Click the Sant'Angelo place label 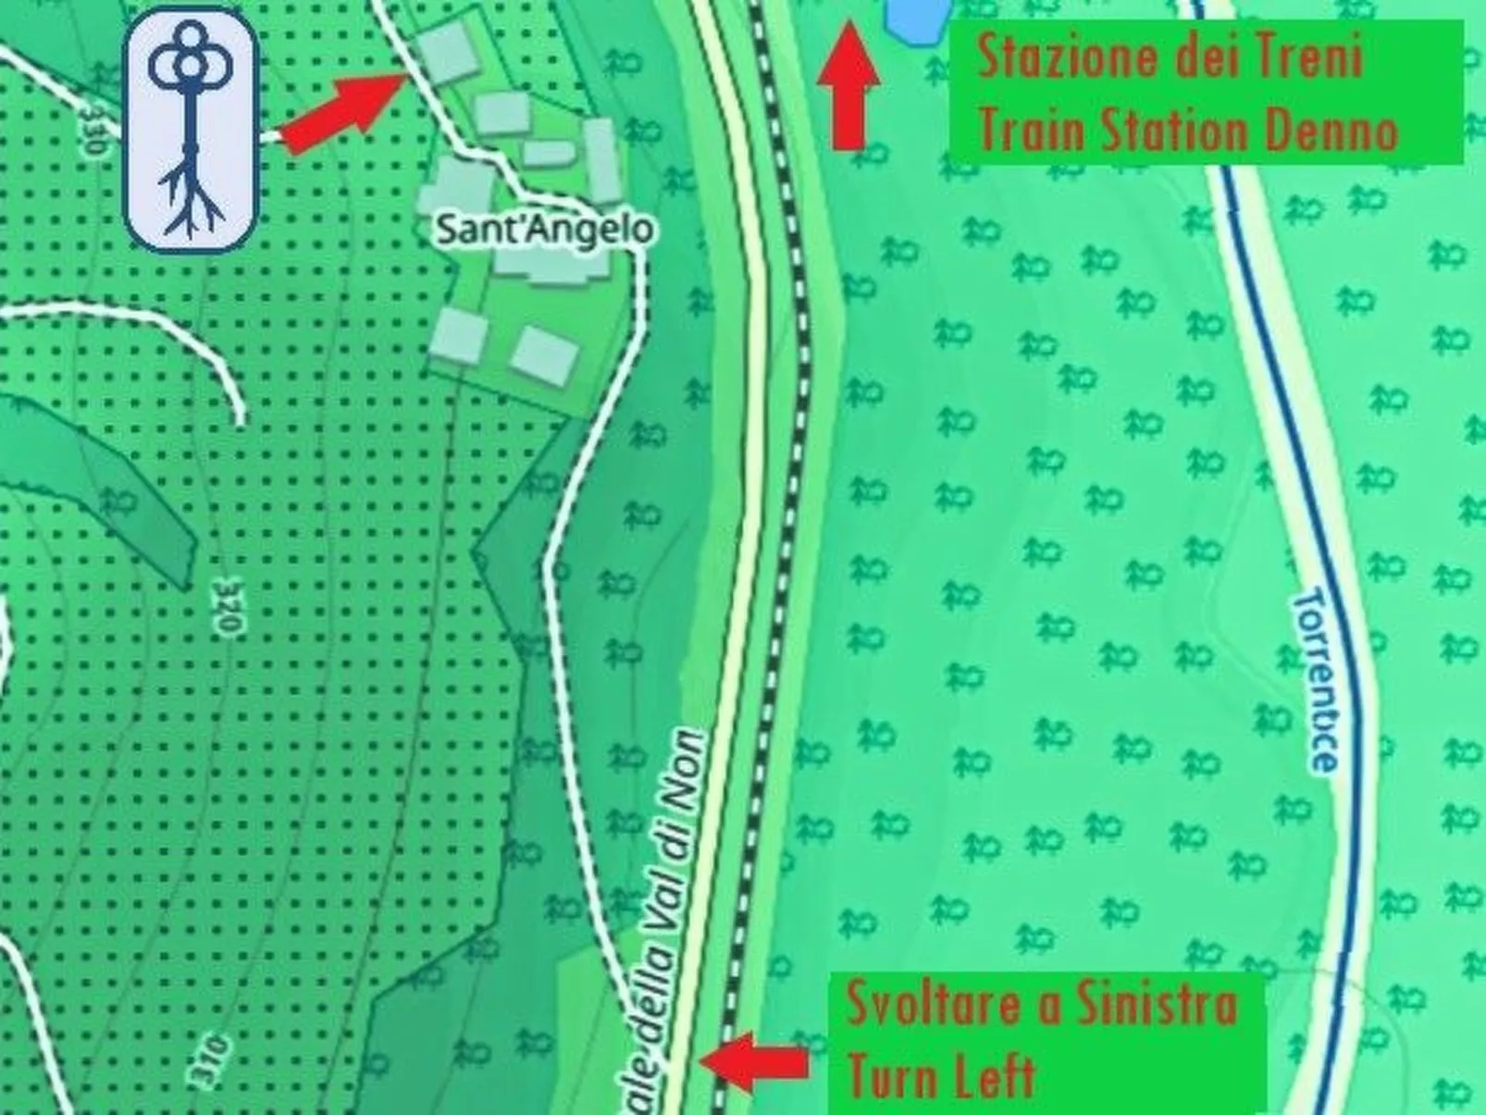(x=543, y=229)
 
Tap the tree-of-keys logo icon (x=191, y=130)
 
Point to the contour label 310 (x=209, y=1060)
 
